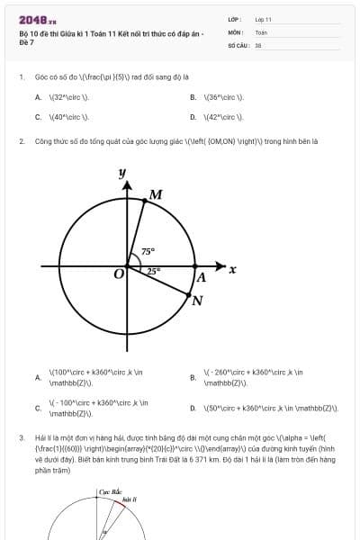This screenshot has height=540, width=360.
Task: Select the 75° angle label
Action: [148, 252]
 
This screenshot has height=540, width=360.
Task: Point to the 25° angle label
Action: [153, 270]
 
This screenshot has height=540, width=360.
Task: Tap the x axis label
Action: [232, 269]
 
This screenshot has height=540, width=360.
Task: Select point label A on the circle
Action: [202, 277]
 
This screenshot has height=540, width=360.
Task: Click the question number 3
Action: [21, 437]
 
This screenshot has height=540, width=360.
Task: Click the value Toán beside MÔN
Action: [262, 31]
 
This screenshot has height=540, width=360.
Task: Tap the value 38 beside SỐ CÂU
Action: [258, 44]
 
